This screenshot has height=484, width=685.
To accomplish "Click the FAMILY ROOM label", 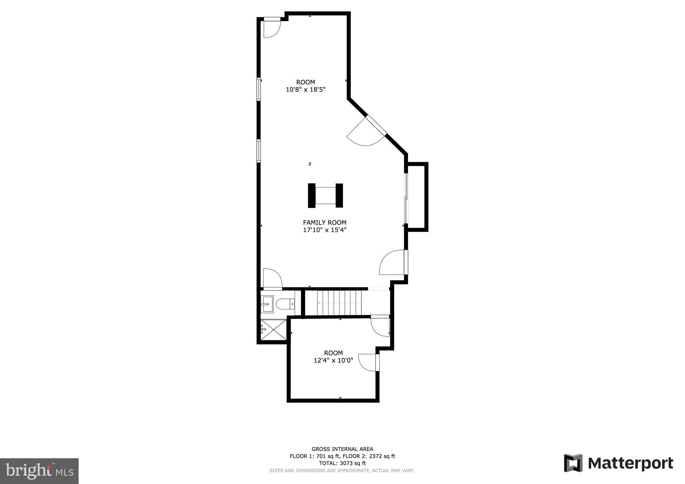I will (324, 223).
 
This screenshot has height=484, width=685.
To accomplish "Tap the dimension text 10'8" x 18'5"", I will (305, 90).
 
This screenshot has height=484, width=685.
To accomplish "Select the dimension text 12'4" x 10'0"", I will (333, 360).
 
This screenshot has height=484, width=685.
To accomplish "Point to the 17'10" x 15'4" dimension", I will (324, 230).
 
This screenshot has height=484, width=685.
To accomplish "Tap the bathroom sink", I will (267, 304).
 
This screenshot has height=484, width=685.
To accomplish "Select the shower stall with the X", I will (274, 330).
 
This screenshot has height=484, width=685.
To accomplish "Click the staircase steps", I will (339, 303).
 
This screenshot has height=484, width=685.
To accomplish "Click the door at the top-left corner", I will (272, 27).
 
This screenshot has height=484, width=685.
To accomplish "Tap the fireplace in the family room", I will (325, 196).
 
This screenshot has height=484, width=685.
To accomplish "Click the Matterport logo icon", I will (573, 463).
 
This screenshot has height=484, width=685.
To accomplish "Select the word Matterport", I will (630, 464).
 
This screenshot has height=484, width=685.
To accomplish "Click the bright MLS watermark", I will (39, 471).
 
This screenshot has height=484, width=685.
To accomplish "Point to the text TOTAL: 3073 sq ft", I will (342, 463).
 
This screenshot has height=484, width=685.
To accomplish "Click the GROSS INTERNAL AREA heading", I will (342, 449).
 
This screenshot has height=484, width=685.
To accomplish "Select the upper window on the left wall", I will (259, 89).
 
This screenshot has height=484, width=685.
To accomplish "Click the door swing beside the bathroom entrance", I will (272, 278).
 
